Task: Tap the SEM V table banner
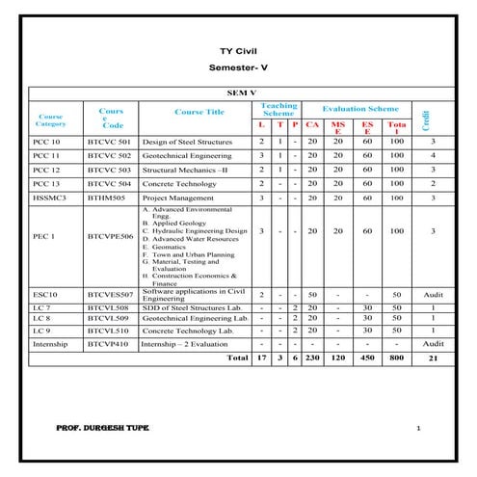click(x=237, y=94)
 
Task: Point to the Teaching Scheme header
click(x=280, y=110)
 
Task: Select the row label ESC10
click(x=45, y=294)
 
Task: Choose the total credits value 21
click(x=433, y=358)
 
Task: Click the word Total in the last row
click(x=236, y=358)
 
